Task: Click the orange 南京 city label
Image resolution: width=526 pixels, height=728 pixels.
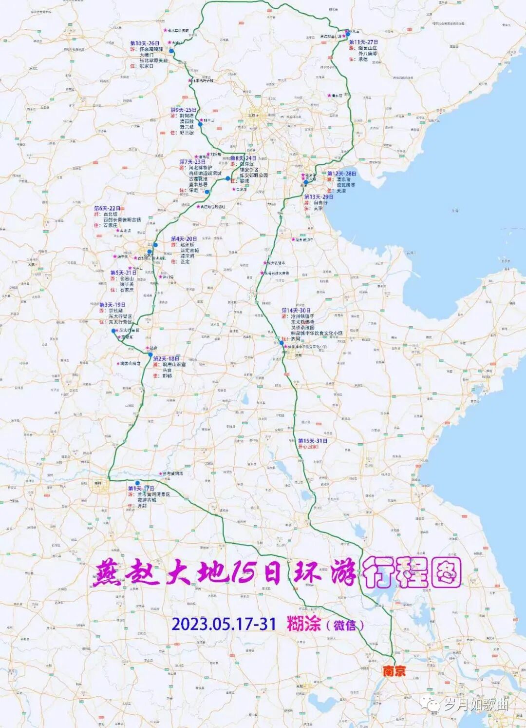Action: point(394,671)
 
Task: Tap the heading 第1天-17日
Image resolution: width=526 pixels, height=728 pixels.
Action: point(141,489)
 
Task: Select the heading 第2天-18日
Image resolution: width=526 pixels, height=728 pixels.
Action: point(166,358)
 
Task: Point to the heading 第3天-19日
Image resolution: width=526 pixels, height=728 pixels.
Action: point(112,305)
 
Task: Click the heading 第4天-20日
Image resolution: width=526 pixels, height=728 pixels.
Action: point(184,239)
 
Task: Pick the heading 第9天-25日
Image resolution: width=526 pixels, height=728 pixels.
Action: point(183,110)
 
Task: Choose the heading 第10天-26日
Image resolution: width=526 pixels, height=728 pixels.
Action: point(145,43)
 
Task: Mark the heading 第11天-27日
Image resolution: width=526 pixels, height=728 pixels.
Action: point(363,42)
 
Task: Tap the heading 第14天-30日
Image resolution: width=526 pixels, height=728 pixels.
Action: point(296,311)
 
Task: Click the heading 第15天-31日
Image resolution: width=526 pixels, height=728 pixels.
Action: point(313,441)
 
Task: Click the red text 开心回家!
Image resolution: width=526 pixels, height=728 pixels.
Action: point(308,447)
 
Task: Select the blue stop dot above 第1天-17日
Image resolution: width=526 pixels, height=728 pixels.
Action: point(137,483)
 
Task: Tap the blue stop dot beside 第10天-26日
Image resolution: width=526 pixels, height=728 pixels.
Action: point(171,51)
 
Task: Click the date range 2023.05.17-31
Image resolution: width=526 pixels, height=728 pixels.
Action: point(224,624)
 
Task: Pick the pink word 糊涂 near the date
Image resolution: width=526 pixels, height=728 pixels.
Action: point(303,624)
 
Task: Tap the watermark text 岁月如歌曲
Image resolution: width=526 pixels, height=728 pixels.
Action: point(476,704)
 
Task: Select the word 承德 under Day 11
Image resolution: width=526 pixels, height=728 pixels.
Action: point(363,59)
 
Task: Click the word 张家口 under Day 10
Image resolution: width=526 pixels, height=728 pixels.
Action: point(146,66)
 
